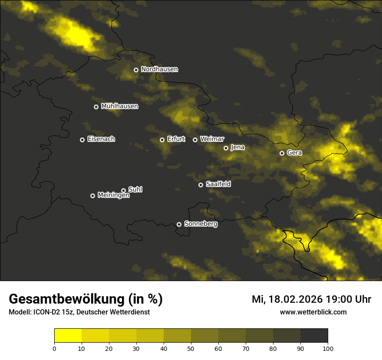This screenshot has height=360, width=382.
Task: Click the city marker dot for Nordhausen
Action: pyautogui.click(x=136, y=70)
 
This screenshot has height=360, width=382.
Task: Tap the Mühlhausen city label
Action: pyautogui.click(x=119, y=106)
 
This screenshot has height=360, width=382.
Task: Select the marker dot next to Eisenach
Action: pyautogui.click(x=82, y=140)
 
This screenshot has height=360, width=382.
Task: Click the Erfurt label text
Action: pyautogui.click(x=176, y=139)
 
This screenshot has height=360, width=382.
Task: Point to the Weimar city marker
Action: pyautogui.click(x=195, y=140)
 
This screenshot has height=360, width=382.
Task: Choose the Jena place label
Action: pyautogui.click(x=237, y=147)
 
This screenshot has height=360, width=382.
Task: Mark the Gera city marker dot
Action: pyautogui.click(x=282, y=153)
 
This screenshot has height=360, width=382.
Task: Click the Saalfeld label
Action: pyautogui.click(x=218, y=184)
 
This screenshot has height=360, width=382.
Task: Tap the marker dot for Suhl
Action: pyautogui.click(x=123, y=190)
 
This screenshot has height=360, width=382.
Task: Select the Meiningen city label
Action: pyautogui.click(x=113, y=196)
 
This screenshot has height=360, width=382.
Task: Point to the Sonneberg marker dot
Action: pyautogui.click(x=179, y=225)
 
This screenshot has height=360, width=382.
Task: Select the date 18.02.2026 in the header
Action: pyautogui.click(x=296, y=299)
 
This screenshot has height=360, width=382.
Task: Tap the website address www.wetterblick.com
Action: pyautogui.click(x=313, y=312)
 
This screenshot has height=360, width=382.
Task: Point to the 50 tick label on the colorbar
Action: pyautogui.click(x=191, y=348)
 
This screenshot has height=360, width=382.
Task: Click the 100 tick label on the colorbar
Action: pyautogui.click(x=327, y=348)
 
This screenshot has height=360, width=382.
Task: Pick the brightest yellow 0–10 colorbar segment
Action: pyautogui.click(x=68, y=336)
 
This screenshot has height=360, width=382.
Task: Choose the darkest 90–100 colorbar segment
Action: pyautogui.click(x=314, y=336)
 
